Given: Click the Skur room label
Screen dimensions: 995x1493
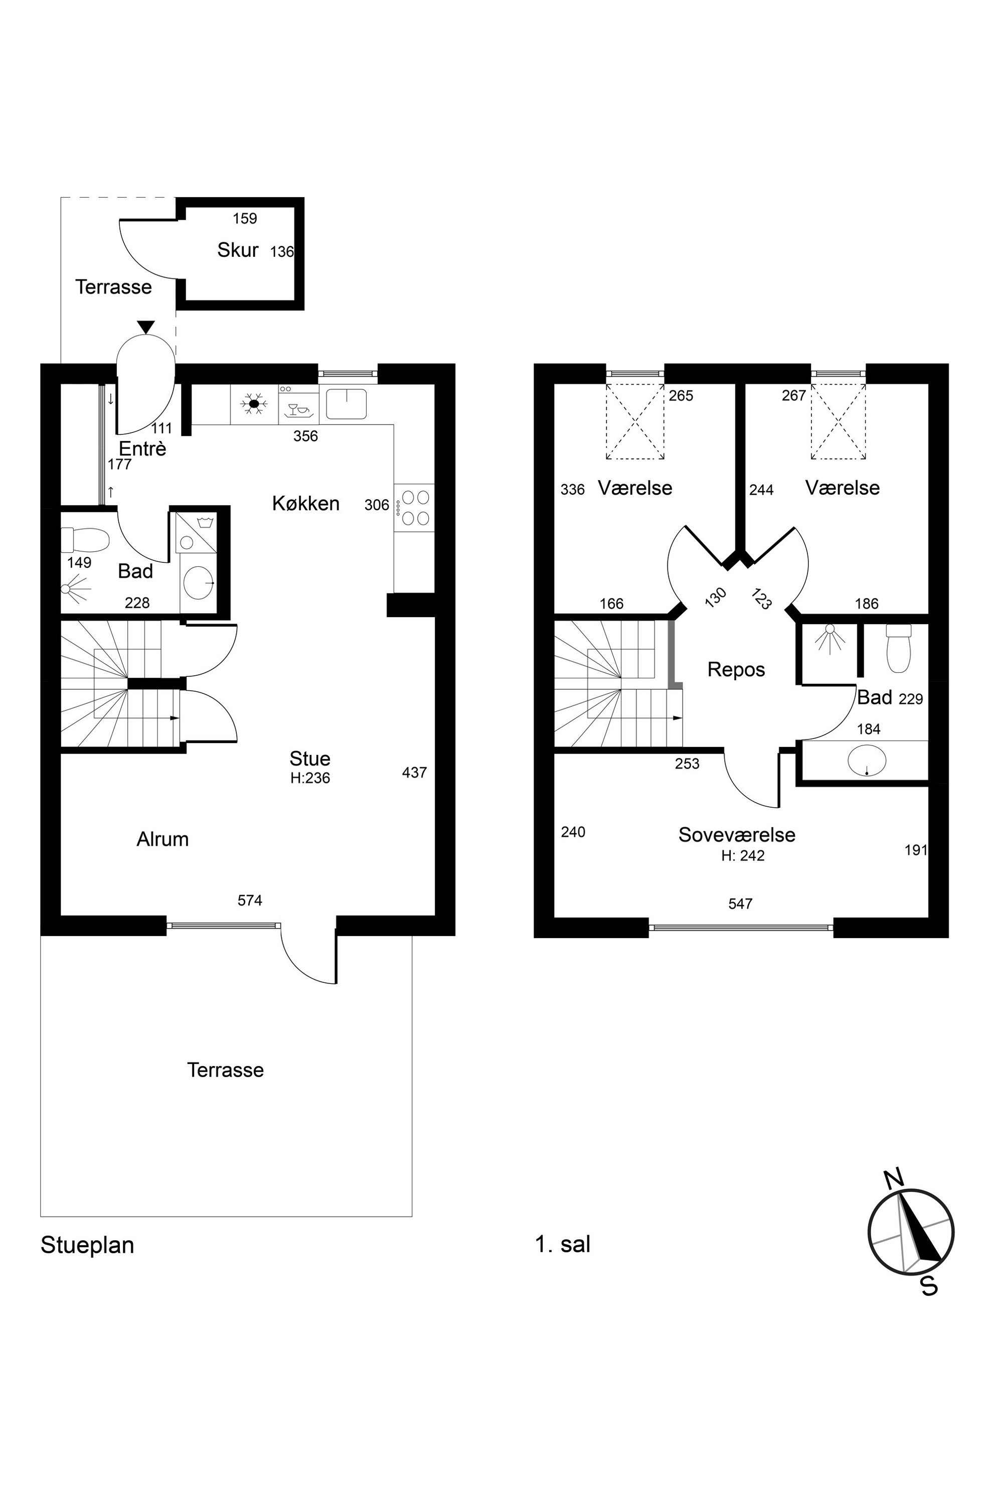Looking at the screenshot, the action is pos(237,250).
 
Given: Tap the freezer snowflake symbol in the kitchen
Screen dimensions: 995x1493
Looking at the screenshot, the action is pos(254,404).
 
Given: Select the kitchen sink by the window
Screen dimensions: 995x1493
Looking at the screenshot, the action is pos(347,404).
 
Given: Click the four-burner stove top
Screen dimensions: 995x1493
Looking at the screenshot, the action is pos(415,508).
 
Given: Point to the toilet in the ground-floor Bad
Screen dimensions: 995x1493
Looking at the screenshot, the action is pos(86,541).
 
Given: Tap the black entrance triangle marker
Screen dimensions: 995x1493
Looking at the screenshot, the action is pos(146,327).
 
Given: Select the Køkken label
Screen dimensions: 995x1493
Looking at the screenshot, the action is pos(306,503).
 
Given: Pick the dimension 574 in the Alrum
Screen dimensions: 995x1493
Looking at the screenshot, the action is pos(250,900).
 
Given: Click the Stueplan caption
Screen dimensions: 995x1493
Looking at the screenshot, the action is pos(88,1246).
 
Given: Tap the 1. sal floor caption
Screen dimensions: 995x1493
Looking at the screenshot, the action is pos(563,1244).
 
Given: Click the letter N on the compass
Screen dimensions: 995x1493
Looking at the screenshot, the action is pos(894,1179).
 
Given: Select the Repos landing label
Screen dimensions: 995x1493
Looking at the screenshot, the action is pos(736,670).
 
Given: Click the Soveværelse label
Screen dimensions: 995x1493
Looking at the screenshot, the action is pos(737,835).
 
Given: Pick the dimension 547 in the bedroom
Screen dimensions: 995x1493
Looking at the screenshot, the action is pos(741,904).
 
